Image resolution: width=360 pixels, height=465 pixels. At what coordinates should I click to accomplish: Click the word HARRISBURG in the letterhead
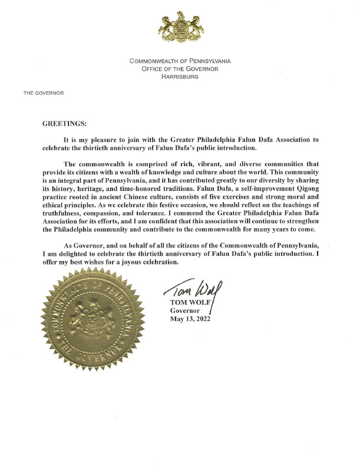coord(180,77)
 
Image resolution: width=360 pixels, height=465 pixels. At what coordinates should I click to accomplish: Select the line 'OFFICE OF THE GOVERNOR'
coord(180,69)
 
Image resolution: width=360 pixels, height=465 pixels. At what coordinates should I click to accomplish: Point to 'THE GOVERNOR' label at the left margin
coord(44,93)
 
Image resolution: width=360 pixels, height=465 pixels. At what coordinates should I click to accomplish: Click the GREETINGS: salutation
coord(65,124)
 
